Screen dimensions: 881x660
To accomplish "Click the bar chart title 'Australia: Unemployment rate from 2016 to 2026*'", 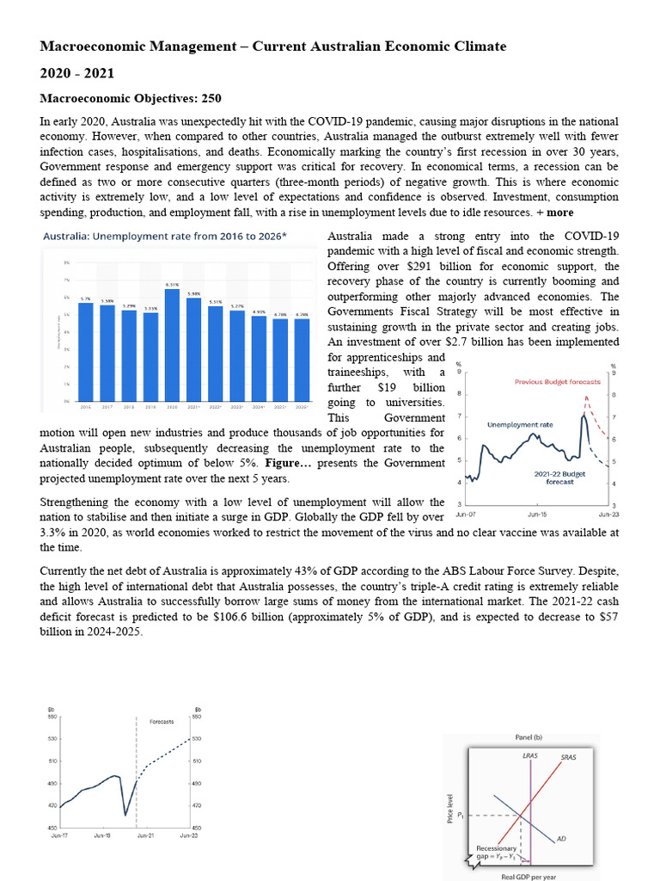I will coord(164,236).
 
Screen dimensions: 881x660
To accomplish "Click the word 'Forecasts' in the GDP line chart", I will coord(162,721).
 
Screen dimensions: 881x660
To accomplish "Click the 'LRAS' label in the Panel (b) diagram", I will coord(529,755).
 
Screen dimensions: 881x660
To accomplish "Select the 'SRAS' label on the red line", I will coord(568,757).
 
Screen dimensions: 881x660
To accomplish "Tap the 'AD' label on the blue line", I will coord(561,837).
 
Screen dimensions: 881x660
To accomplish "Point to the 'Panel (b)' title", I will coord(529,737).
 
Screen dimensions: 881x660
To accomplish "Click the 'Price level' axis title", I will coord(450,808).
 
